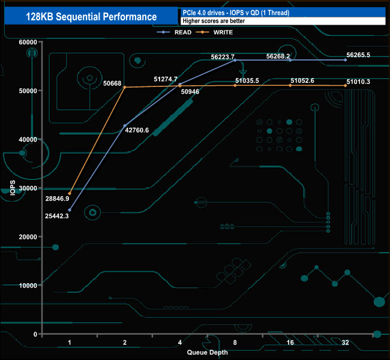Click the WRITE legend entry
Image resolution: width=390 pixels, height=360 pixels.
click(218, 32)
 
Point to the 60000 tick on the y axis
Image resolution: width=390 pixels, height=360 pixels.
click(28, 42)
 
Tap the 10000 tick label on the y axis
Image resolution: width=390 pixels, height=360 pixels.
click(28, 286)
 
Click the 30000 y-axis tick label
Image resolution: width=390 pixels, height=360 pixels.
click(28, 188)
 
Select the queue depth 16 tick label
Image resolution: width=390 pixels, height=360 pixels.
click(290, 343)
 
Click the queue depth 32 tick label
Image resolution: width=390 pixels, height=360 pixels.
click(346, 343)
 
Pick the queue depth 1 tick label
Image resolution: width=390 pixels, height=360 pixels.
click(70, 343)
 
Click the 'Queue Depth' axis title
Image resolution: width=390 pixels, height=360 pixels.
click(208, 352)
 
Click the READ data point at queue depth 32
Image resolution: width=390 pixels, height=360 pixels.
click(346, 60)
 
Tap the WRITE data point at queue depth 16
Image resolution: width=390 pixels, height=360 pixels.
click(290, 86)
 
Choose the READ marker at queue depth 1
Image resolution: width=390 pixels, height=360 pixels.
click(70, 210)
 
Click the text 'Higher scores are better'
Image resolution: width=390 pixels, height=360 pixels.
click(214, 21)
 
